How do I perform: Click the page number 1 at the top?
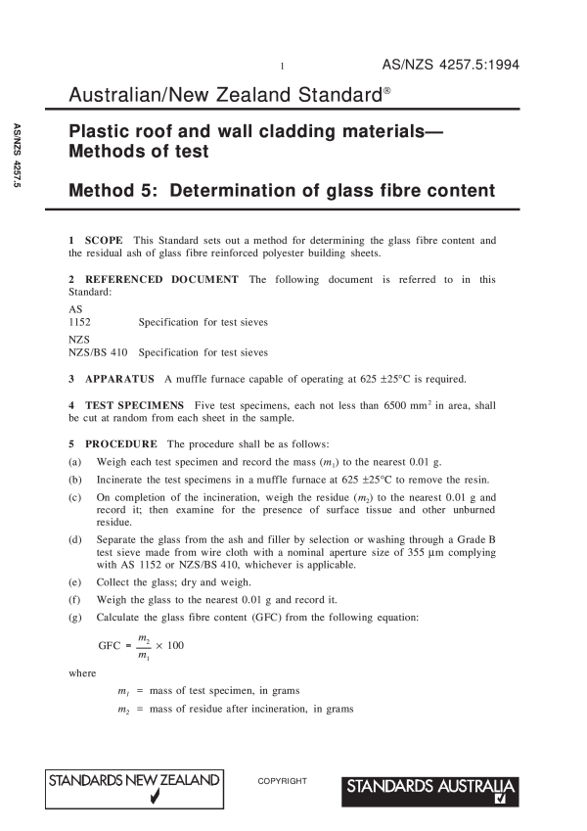pos(282,68)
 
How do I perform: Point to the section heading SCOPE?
pos(104,239)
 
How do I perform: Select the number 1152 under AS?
pos(81,321)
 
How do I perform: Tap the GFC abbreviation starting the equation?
pos(111,646)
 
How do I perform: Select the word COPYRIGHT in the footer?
pos(283,781)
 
